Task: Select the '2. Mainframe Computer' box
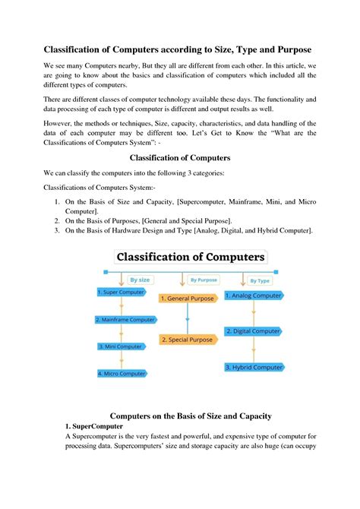126,320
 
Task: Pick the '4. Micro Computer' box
122,374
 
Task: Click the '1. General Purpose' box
187,299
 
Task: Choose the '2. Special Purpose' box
186,340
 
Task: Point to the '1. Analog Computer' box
257,295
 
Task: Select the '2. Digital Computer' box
254,330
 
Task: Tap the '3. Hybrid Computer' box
254,367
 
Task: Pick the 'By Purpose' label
203,280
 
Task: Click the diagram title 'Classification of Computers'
189,258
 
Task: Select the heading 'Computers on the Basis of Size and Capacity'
191,416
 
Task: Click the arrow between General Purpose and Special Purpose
188,319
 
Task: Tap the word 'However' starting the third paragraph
61,123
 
